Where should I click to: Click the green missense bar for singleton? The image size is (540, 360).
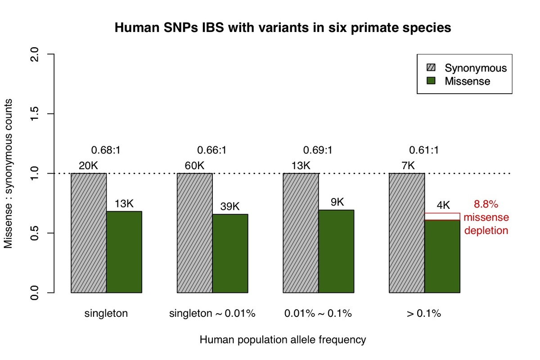pos(124,252)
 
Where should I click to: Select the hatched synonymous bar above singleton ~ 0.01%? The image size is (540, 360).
pos(195,233)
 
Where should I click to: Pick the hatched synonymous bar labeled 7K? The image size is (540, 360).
pos(407,233)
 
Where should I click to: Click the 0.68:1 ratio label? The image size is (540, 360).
pos(105,150)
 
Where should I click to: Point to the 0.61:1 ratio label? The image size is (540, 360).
pos(423,150)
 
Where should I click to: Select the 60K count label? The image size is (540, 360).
pos(194,166)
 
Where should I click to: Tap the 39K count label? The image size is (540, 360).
pos(230,207)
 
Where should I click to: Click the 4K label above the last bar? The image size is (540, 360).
pos(443,205)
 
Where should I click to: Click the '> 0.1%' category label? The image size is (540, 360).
pos(424,314)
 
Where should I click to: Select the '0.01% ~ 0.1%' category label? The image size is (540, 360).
pos(318,314)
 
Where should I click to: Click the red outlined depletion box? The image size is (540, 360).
pos(442,216)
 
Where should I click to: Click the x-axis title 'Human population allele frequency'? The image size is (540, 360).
pos(283,340)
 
